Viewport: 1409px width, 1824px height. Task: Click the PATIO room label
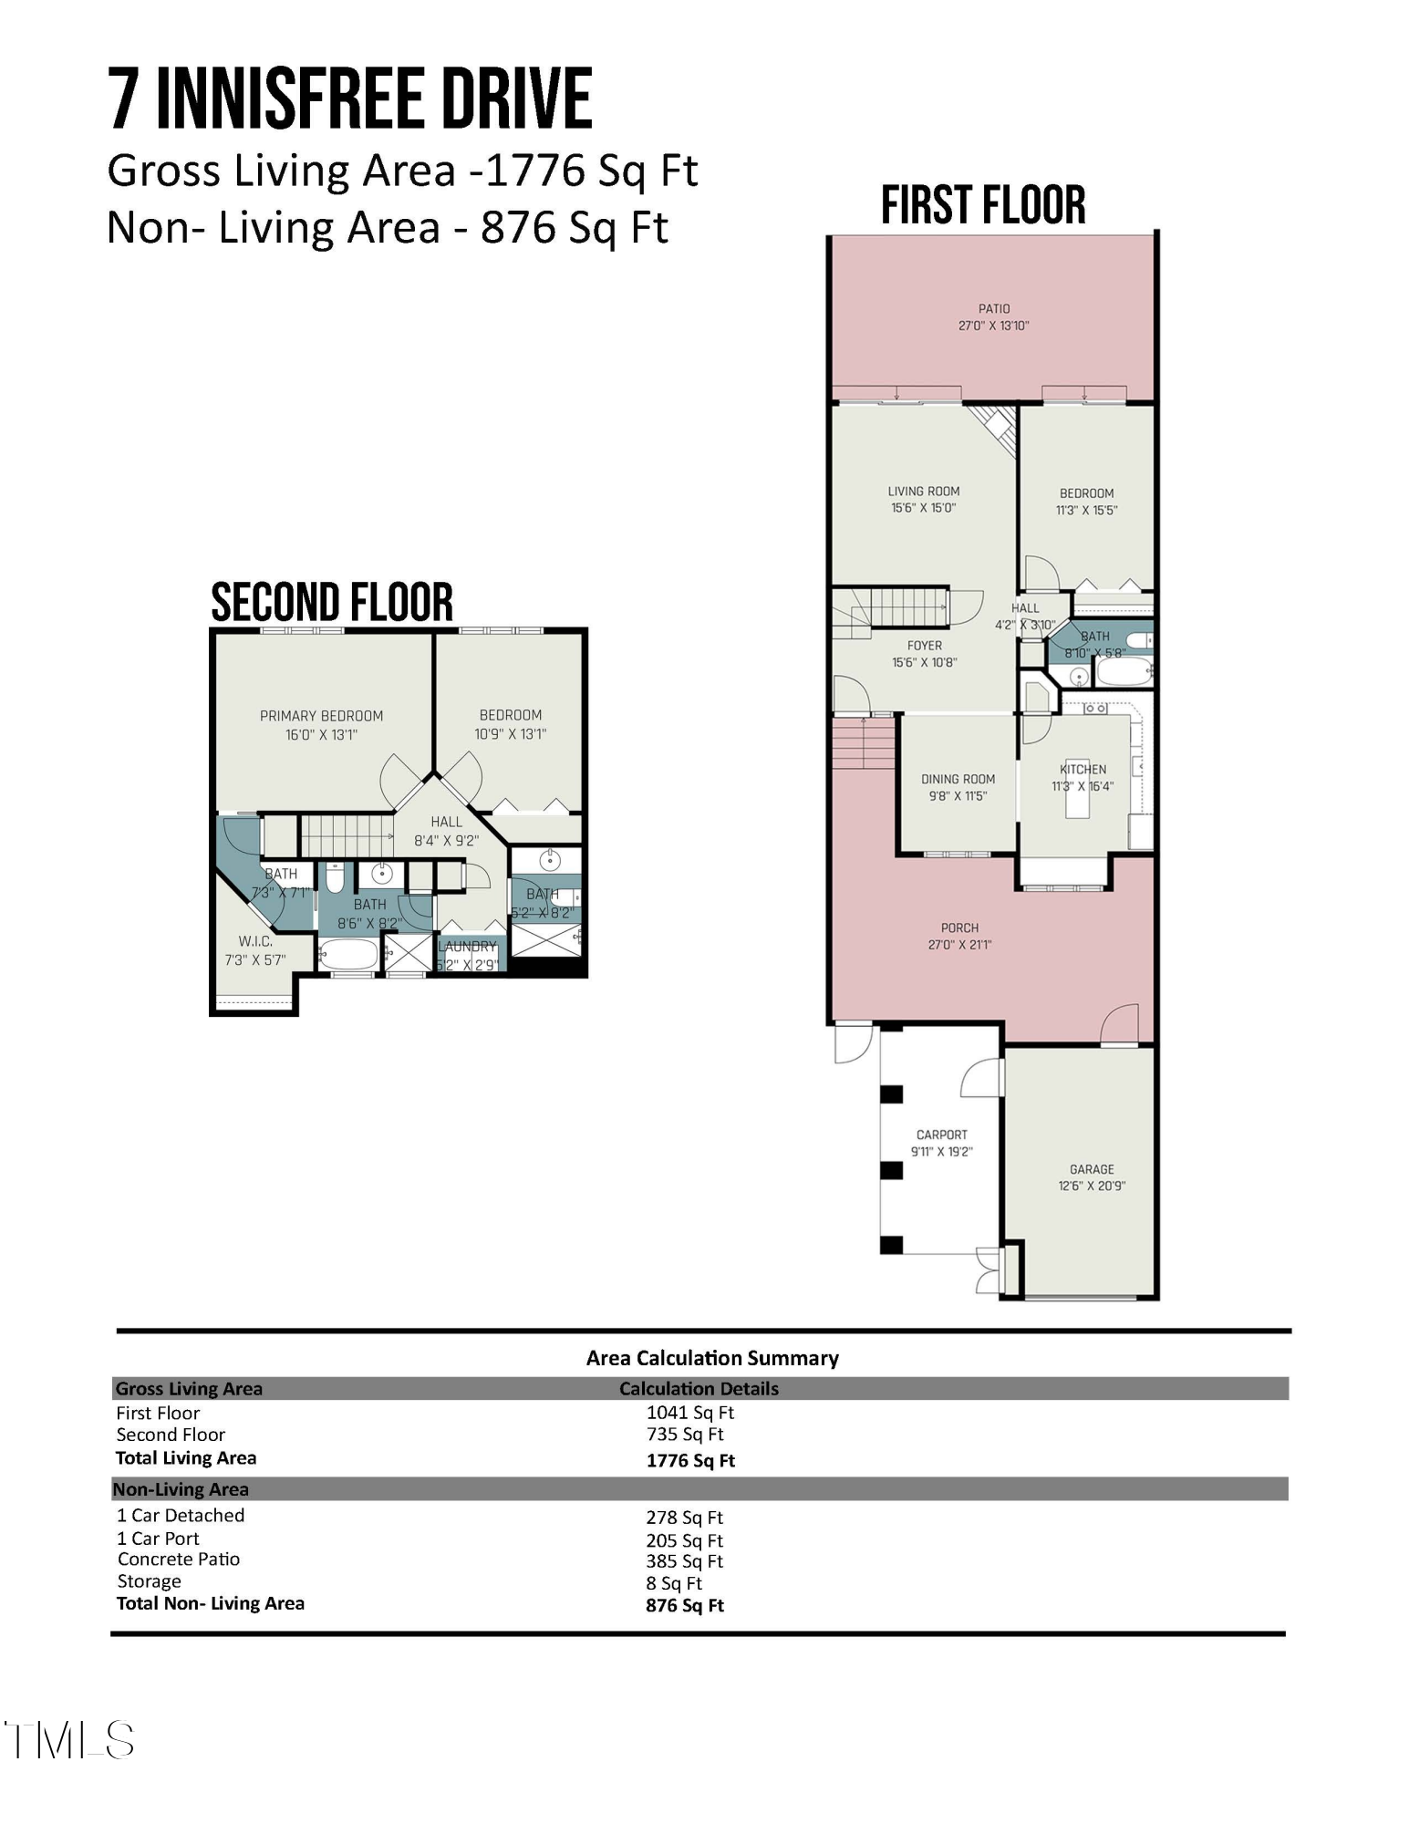click(994, 308)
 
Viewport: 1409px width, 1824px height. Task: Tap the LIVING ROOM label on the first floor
click(924, 491)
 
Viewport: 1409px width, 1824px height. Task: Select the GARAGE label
click(1092, 1168)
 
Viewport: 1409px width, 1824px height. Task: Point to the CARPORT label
click(942, 1135)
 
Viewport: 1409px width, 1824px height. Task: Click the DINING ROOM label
click(958, 779)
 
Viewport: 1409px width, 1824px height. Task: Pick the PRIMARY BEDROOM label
click(321, 716)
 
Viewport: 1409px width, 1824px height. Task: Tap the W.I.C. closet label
click(255, 941)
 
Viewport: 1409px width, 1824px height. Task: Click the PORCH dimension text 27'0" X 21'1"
click(959, 945)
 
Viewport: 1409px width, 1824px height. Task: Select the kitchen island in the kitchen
click(1077, 800)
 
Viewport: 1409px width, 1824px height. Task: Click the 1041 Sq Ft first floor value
click(689, 1413)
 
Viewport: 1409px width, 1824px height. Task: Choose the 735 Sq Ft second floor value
click(685, 1435)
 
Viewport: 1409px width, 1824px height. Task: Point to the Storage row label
click(149, 1581)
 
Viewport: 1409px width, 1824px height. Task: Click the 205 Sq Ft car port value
click(684, 1540)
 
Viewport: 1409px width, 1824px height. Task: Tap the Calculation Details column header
click(699, 1388)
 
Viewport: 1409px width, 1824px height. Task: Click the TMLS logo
click(69, 1740)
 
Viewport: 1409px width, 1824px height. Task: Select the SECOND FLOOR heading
click(332, 602)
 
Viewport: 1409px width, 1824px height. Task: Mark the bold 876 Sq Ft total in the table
click(684, 1605)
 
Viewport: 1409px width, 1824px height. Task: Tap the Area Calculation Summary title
click(712, 1358)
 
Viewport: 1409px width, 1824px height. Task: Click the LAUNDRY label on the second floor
click(468, 947)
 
